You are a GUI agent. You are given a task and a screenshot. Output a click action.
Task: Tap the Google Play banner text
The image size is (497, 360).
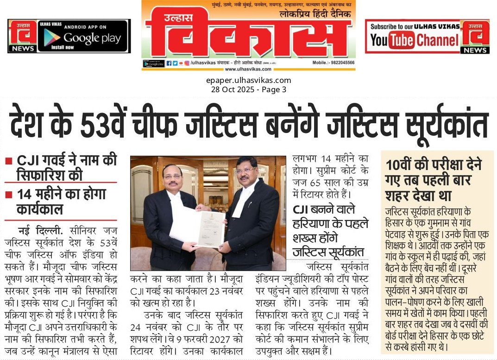click(x=92, y=38)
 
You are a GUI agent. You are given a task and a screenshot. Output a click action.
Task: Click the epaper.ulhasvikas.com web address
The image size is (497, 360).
click(x=249, y=80)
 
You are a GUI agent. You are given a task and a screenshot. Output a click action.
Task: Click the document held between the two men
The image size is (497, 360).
click(x=204, y=227)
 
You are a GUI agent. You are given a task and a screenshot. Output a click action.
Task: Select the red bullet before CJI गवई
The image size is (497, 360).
click(x=8, y=162)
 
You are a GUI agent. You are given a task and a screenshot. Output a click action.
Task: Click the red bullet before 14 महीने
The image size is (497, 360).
click(x=8, y=195)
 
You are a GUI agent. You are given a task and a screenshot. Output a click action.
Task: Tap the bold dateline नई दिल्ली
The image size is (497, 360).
click(x=41, y=230)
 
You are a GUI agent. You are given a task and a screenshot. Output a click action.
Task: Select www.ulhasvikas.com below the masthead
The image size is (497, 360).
click(x=248, y=69)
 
